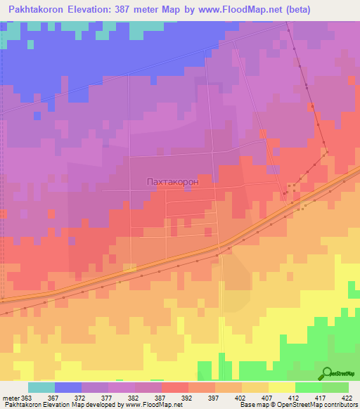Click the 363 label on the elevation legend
tap(26, 398)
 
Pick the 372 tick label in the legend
tap(80, 398)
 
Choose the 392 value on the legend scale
tap(188, 398)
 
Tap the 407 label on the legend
tap(268, 398)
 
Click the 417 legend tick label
tap(321, 398)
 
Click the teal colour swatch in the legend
tap(41, 387)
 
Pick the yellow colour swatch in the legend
tap(281, 387)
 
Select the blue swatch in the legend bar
tap(68, 387)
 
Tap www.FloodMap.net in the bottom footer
tap(148, 405)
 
